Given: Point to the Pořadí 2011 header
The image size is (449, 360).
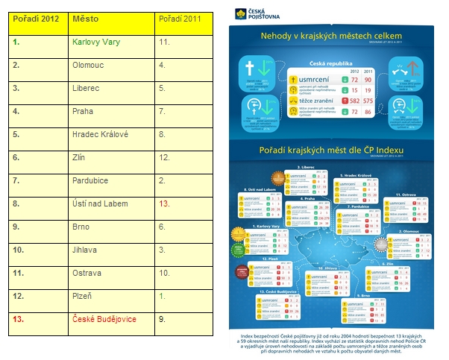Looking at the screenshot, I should click(178, 18).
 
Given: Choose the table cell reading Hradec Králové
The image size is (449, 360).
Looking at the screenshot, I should click(101, 134).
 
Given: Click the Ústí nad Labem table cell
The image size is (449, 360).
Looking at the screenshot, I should click(100, 203).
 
